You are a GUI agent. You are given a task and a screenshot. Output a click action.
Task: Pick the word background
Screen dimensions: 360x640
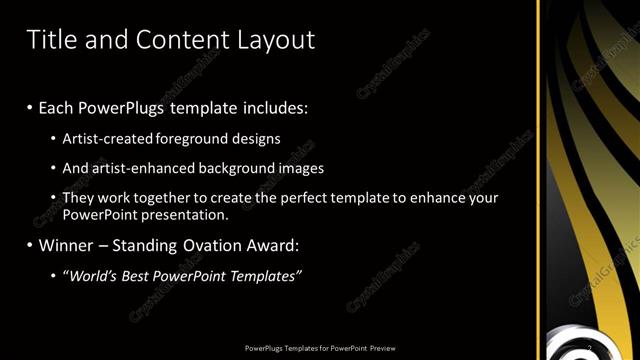click(217, 169)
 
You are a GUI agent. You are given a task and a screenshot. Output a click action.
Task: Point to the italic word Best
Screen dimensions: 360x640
click(137, 276)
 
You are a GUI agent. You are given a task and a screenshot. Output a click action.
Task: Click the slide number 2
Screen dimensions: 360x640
click(589, 347)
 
